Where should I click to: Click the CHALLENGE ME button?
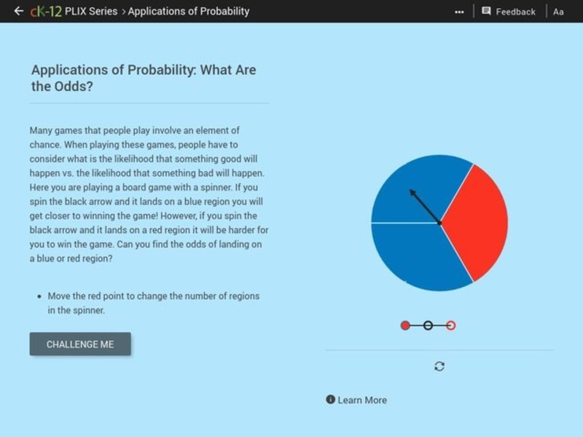(x=80, y=344)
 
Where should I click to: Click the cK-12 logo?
(x=45, y=11)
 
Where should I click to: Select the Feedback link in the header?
(x=515, y=12)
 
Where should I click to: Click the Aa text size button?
(x=558, y=12)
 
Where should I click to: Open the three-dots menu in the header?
(x=459, y=12)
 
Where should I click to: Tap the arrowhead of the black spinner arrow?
(x=412, y=192)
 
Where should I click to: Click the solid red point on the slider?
(x=405, y=326)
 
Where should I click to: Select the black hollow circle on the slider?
(x=428, y=326)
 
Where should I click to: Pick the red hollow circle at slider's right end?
(x=451, y=326)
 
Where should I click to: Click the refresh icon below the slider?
(x=439, y=366)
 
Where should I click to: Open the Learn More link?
(x=362, y=400)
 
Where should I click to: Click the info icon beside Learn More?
(x=331, y=399)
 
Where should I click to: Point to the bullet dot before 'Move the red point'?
(x=38, y=296)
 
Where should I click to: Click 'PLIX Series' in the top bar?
(x=91, y=11)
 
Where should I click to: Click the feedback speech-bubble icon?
(x=486, y=11)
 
